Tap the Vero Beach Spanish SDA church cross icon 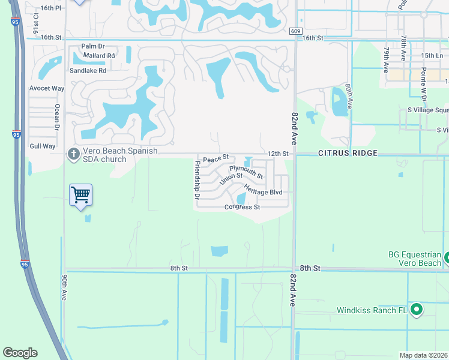(73, 154)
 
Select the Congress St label (242, 208)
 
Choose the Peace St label (215, 159)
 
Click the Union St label (231, 179)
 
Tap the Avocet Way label (47, 88)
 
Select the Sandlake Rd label (88, 70)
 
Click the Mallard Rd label (100, 56)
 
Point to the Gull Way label (42, 146)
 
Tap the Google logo (20, 353)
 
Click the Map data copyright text (424, 355)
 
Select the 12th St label (278, 154)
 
